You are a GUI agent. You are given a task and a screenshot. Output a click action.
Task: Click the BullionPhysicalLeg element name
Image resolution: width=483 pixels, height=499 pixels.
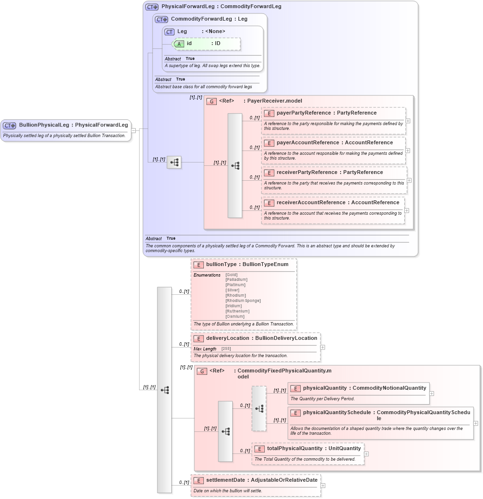click(44, 125)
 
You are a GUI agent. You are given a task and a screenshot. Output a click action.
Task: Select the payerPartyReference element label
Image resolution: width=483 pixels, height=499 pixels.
click(304, 113)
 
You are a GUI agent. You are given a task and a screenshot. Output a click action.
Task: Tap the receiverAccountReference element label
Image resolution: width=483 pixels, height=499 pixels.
click(311, 203)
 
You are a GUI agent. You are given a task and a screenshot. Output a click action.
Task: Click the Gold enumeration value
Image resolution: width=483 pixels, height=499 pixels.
click(232, 275)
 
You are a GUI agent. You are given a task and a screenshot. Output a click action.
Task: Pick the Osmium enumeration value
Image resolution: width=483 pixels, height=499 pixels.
click(235, 316)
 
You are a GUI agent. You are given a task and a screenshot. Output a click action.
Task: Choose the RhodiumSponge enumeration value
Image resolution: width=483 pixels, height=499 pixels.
click(243, 301)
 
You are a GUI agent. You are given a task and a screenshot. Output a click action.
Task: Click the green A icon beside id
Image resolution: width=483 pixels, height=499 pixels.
click(179, 44)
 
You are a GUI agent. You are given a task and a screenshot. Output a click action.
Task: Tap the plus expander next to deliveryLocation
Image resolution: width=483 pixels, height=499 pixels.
click(323, 348)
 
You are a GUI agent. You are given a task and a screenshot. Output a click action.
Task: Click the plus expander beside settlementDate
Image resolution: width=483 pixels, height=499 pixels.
click(323, 485)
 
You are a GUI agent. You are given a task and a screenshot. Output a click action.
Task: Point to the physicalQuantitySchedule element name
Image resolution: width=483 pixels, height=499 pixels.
click(337, 412)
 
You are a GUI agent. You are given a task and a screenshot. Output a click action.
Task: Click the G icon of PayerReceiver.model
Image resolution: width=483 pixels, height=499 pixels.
click(212, 101)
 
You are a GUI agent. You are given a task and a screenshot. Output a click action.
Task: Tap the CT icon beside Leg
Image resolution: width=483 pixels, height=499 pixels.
click(169, 32)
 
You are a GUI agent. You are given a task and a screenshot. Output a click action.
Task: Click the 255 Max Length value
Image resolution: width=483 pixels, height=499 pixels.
click(226, 348)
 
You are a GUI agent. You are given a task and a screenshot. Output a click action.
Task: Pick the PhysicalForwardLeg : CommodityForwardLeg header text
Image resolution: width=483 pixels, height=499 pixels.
click(221, 7)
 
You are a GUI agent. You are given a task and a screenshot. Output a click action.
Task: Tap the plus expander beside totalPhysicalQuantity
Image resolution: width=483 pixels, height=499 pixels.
click(366, 453)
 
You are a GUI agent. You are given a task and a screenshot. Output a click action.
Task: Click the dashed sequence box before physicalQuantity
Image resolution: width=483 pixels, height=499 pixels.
click(259, 408)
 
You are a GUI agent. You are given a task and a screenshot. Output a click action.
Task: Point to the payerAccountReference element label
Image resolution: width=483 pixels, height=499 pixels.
click(307, 143)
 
